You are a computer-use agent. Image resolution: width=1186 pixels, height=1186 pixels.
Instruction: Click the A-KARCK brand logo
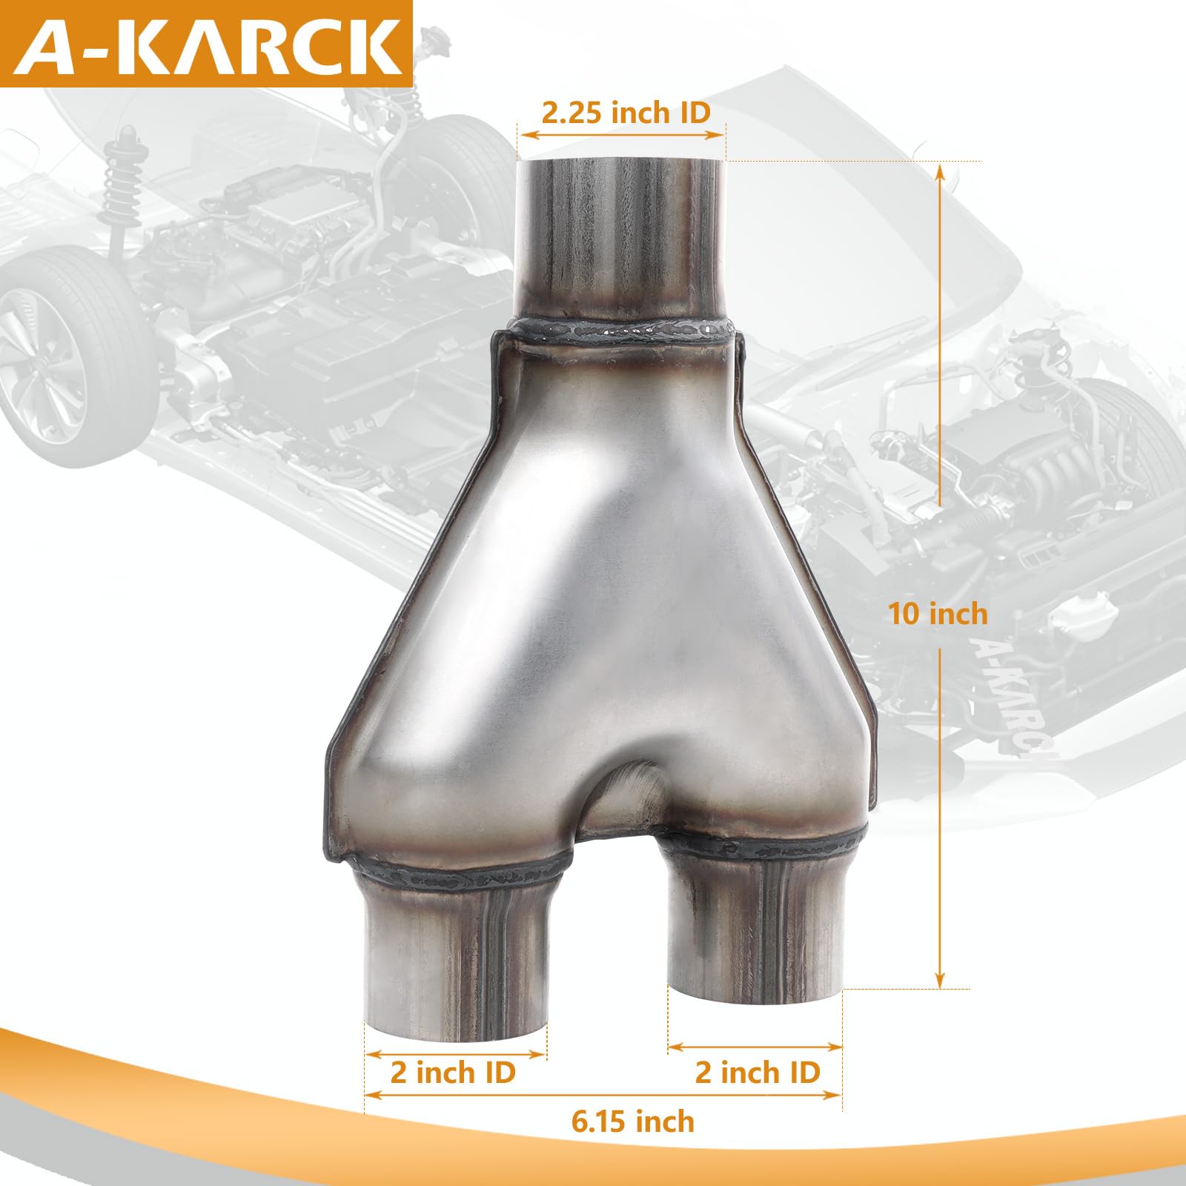[x=206, y=44]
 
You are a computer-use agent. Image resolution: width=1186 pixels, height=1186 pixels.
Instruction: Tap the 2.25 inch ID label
[x=626, y=113]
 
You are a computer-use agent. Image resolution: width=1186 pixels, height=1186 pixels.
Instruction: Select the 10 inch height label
[x=938, y=614]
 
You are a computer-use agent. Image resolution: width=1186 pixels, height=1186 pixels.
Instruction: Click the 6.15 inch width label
[x=632, y=1122]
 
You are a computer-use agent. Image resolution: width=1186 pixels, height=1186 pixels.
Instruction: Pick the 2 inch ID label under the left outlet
[x=453, y=1073]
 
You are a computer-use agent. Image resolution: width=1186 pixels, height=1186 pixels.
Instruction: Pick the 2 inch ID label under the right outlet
[x=758, y=1073]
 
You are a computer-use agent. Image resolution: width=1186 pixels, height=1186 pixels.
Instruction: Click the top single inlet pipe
[x=621, y=237]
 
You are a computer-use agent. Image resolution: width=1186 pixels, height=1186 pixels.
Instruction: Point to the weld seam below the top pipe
[x=623, y=330]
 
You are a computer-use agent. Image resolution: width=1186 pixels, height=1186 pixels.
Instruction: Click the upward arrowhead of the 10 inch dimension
[x=940, y=174]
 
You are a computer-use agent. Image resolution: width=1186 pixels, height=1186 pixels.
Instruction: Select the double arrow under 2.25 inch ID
[x=621, y=135]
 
